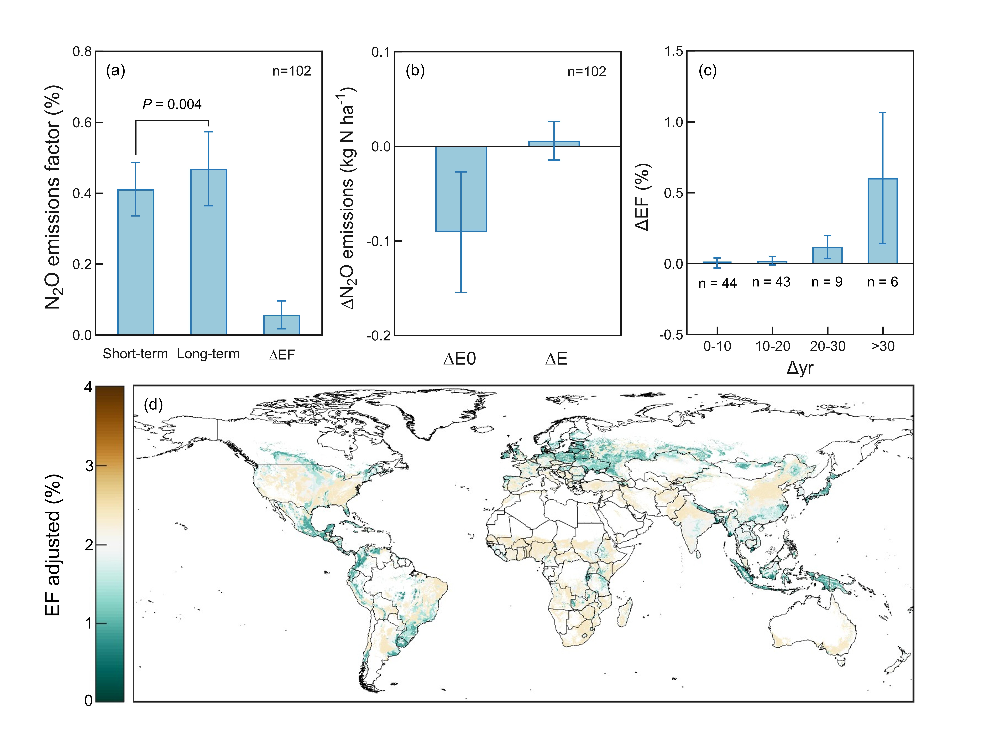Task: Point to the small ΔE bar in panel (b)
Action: pos(554,143)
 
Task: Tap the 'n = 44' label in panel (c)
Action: pos(717,283)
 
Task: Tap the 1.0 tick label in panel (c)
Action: pos(673,122)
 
